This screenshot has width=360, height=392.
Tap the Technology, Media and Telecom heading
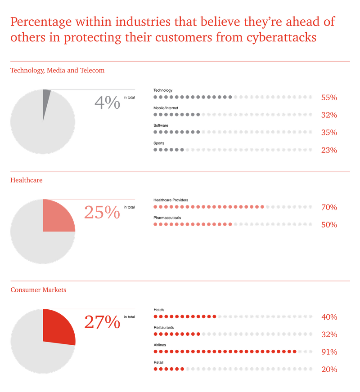58,70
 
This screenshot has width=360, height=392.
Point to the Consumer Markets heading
38,290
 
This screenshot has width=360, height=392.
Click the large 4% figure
108,103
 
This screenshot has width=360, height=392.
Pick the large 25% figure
102,212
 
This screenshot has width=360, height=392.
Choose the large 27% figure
102,322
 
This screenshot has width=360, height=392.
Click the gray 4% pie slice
45,101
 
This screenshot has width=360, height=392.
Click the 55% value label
329,97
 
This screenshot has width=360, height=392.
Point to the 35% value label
329,133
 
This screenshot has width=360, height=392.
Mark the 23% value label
329,150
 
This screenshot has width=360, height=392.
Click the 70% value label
329,207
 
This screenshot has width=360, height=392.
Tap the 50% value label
329,225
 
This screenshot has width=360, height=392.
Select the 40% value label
329,317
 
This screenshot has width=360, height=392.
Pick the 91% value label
329,352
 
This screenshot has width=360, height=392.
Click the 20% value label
329,370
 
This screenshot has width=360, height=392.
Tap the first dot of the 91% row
155,351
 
